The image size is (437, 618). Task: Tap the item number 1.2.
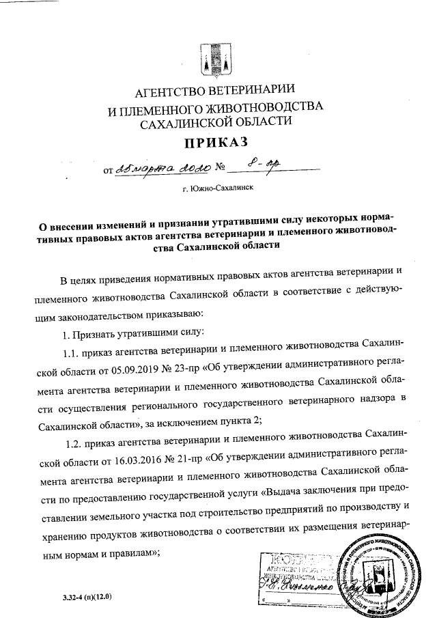74,435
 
